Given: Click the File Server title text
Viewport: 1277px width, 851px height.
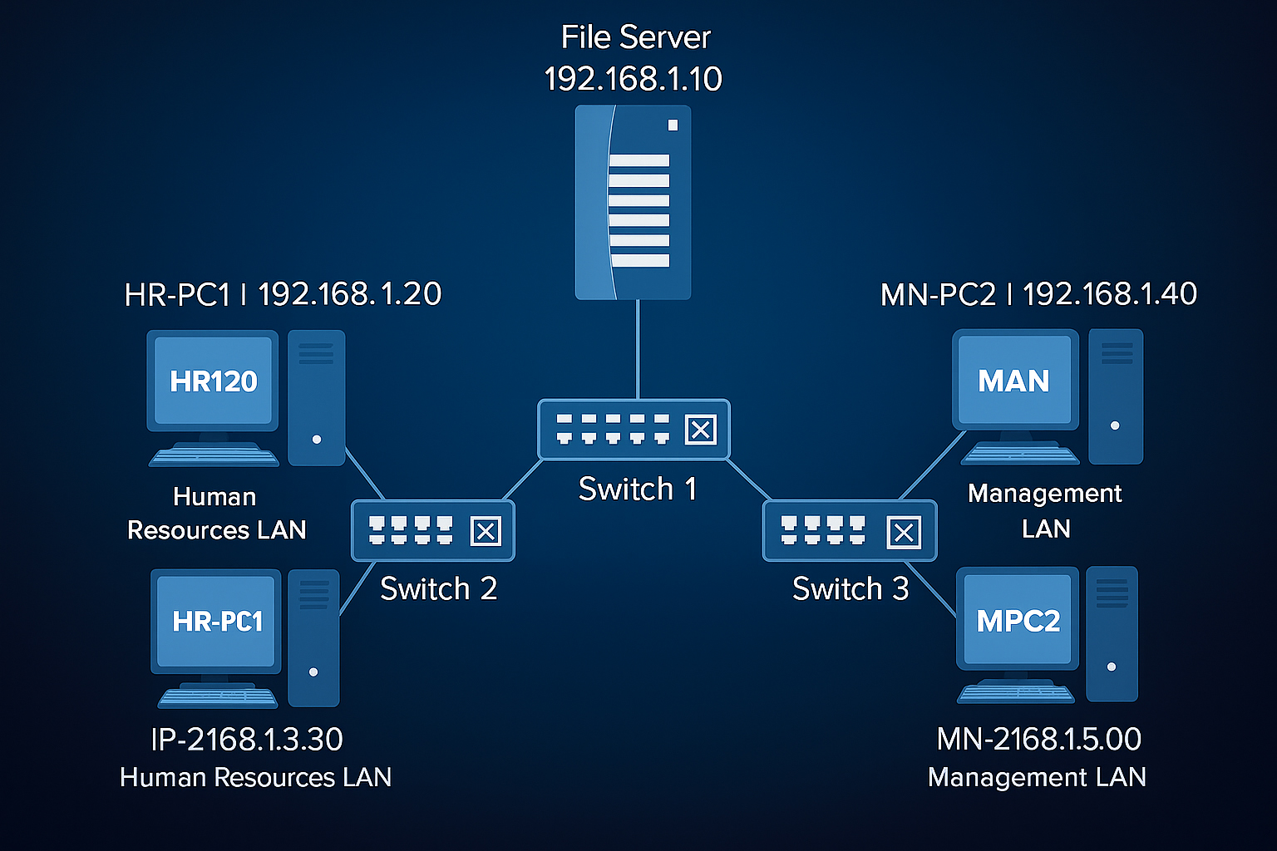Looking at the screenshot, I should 635,37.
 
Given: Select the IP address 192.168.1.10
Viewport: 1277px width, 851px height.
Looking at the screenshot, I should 633,79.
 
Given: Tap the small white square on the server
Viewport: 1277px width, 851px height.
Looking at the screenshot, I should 673,125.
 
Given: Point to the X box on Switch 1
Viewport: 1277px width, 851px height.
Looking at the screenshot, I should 700,430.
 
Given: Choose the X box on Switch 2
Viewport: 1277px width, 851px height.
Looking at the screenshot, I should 486,531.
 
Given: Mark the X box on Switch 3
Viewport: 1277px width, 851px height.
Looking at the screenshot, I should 904,532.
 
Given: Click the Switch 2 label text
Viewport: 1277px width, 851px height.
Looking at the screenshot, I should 438,588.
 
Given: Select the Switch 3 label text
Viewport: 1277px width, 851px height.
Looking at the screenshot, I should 850,588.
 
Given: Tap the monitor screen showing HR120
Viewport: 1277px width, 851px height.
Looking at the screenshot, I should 213,381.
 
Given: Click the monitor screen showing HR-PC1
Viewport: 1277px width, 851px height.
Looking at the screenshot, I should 216,621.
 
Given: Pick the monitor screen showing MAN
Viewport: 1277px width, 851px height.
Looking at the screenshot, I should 1014,380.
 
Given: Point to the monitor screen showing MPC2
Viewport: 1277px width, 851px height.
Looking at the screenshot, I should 1018,620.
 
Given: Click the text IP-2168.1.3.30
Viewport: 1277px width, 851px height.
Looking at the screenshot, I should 247,739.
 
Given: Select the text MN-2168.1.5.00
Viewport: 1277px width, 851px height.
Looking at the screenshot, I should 1038,739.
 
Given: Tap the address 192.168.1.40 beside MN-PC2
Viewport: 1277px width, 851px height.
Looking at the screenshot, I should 1110,294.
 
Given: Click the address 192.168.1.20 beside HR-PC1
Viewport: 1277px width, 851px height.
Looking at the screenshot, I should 350,294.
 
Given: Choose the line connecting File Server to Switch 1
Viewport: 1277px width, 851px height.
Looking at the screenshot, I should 638,349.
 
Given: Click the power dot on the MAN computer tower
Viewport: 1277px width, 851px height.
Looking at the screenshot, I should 1115,425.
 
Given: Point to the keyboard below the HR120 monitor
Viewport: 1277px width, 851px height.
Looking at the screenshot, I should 214,455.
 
